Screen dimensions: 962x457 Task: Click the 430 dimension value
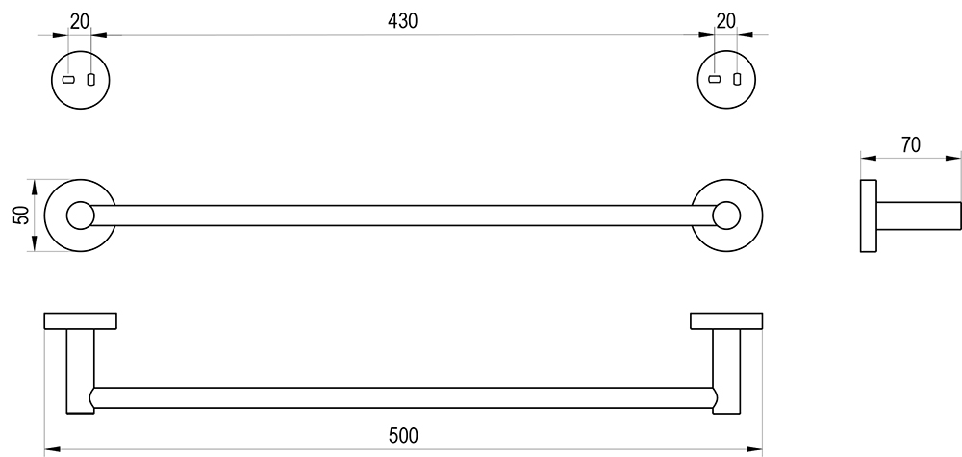click(x=402, y=21)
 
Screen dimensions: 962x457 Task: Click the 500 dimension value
click(x=403, y=436)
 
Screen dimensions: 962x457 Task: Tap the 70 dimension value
click(x=911, y=144)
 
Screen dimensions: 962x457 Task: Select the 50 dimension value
click(x=21, y=216)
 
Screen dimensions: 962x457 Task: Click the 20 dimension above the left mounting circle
click(x=80, y=21)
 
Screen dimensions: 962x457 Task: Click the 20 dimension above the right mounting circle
click(x=725, y=21)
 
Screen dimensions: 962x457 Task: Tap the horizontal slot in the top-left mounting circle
click(x=68, y=80)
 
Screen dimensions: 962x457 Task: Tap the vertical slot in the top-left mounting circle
click(x=91, y=80)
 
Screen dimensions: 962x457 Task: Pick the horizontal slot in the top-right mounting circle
click(x=714, y=79)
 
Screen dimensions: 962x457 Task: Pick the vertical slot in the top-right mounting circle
click(x=737, y=79)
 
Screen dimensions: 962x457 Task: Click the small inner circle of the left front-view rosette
click(x=81, y=216)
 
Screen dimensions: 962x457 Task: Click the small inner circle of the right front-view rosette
click(x=726, y=216)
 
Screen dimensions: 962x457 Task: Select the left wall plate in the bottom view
click(x=81, y=320)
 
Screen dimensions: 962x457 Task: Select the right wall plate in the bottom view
click(x=726, y=320)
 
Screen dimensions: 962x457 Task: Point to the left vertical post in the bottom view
click(x=81, y=371)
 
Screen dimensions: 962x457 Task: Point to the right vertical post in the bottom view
click(x=726, y=371)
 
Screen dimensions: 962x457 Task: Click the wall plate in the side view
click(x=868, y=216)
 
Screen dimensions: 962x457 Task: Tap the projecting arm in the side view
click(x=919, y=216)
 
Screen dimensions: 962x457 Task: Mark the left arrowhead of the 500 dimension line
click(x=53, y=449)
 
